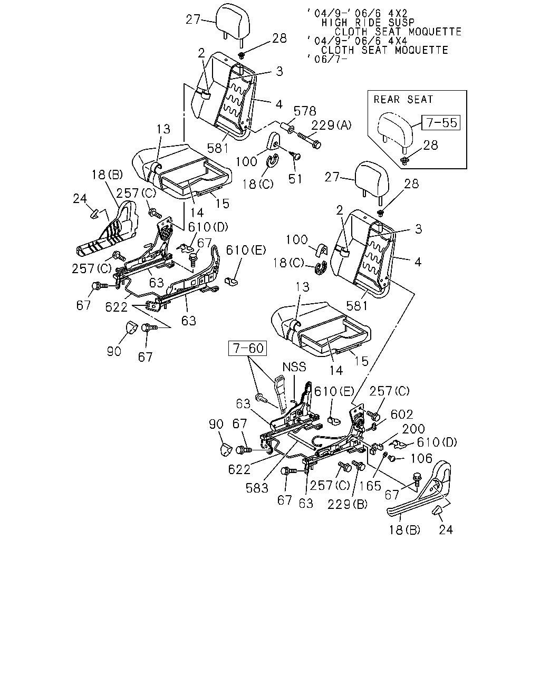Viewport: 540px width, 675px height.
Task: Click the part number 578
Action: pos(305,111)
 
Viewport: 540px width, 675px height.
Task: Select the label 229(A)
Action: pos(331,125)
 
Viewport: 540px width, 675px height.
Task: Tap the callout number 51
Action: pos(295,179)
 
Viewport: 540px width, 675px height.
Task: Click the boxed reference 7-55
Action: pos(440,122)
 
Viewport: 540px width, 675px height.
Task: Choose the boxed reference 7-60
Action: pos(247,348)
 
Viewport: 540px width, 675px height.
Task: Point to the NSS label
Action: pos(294,367)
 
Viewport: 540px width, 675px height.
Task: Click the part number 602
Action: pos(402,414)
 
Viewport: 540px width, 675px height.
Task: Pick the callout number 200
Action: pos(413,429)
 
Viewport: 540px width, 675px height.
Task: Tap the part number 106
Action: pos(421,459)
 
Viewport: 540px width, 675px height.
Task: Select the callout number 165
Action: pos(370,486)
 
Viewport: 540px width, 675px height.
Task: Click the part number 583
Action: pos(257,488)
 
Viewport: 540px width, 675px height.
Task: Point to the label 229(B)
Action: pos(348,504)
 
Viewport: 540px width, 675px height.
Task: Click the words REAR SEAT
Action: pos(403,100)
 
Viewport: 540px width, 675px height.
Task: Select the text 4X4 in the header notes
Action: pos(397,41)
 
